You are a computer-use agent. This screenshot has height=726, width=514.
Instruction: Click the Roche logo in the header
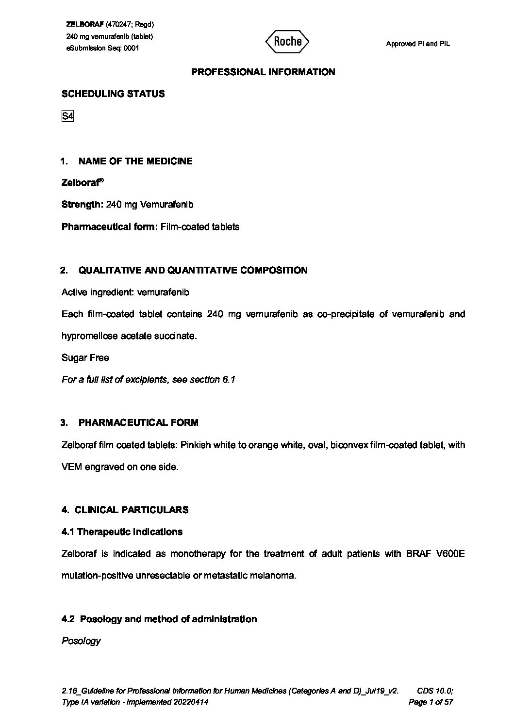pyautogui.click(x=287, y=42)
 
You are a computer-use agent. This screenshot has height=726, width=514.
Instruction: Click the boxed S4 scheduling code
pyautogui.click(x=67, y=116)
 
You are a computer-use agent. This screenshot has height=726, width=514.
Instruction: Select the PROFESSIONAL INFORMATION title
pyautogui.click(x=263, y=72)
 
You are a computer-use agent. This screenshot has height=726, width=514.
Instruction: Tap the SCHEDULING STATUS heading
pyautogui.click(x=113, y=94)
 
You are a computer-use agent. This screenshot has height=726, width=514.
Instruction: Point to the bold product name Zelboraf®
pyautogui.click(x=83, y=183)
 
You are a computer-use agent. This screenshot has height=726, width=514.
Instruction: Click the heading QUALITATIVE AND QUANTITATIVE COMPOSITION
pyautogui.click(x=193, y=271)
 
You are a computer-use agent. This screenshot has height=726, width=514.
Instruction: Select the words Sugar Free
pyautogui.click(x=85, y=358)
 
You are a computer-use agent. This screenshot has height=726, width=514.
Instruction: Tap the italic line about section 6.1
pyautogui.click(x=149, y=380)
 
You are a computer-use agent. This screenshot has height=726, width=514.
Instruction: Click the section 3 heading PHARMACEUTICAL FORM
pyautogui.click(x=138, y=423)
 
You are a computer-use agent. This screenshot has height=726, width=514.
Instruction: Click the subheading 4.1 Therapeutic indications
pyautogui.click(x=122, y=532)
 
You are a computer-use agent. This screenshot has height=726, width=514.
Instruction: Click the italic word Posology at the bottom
pyautogui.click(x=81, y=641)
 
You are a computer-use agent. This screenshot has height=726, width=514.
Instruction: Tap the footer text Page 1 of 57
pyautogui.click(x=431, y=702)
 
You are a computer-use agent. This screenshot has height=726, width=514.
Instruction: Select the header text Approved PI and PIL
pyautogui.click(x=418, y=44)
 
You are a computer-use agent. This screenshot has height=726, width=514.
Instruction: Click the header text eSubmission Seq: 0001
pyautogui.click(x=102, y=48)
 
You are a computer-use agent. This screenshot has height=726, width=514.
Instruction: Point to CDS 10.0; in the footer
pyautogui.click(x=435, y=691)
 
